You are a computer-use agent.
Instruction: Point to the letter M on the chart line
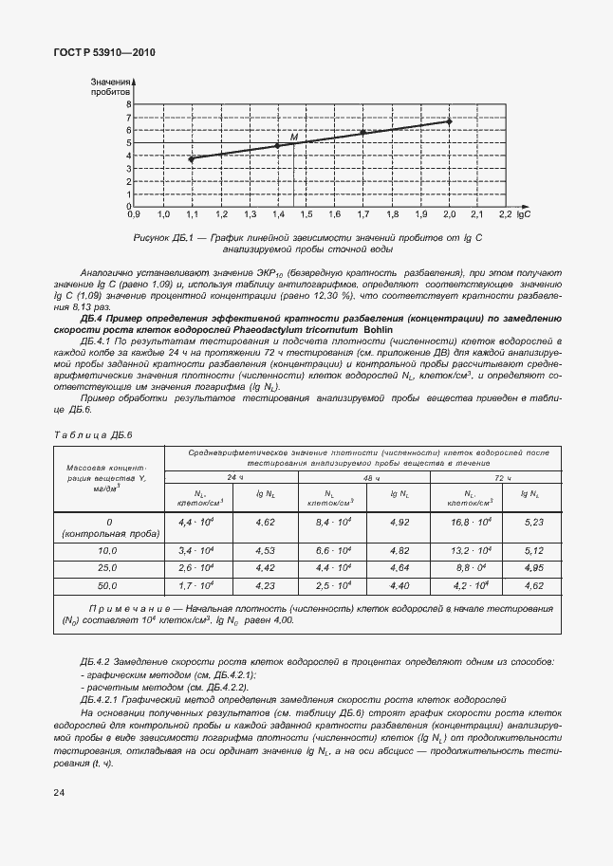(x=293, y=138)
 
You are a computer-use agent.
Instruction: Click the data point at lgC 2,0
(x=449, y=121)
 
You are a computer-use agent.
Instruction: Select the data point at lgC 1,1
(x=192, y=158)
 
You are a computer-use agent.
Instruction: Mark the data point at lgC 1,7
(x=363, y=133)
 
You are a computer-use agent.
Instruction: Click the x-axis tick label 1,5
(x=306, y=216)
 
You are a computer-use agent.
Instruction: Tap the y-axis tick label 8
(x=127, y=105)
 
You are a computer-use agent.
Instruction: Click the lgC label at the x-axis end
(x=523, y=216)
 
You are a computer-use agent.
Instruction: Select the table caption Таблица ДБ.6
(x=94, y=433)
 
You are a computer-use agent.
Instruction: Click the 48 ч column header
(x=363, y=477)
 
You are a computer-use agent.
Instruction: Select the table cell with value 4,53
(x=267, y=549)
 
